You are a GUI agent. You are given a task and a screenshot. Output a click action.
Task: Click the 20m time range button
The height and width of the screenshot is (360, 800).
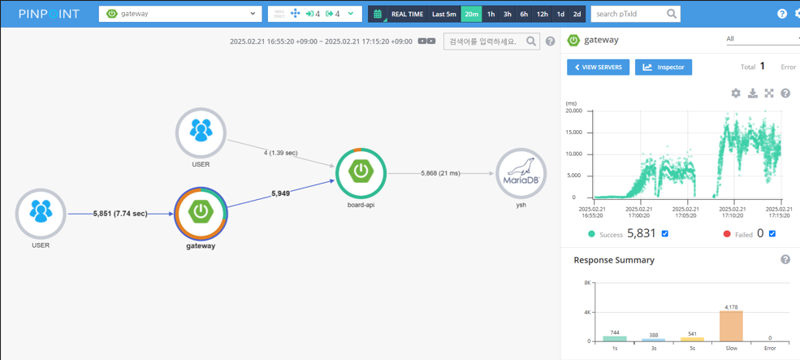coord(471,14)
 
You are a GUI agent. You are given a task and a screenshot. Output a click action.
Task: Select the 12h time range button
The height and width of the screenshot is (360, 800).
coord(542,14)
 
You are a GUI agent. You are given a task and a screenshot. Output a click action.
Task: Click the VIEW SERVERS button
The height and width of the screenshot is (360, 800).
coord(598,67)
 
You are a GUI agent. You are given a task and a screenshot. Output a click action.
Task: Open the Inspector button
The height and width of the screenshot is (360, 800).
coord(664,67)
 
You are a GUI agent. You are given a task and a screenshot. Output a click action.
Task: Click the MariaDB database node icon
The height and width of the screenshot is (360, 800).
coord(521,172)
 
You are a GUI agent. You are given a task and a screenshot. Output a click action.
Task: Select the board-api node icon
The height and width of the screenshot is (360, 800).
coord(361,172)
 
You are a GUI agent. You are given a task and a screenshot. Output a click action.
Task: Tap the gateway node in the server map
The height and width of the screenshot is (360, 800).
coord(201,212)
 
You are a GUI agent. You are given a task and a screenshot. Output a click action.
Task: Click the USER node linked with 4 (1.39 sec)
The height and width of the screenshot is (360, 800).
coord(201,132)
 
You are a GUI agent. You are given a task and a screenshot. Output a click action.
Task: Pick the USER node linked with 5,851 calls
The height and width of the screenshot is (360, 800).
coord(41,213)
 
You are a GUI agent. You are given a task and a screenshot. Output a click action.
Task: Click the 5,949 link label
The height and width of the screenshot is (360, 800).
coord(279,193)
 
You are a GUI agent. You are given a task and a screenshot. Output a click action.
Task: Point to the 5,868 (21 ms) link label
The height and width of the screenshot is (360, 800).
coord(439,173)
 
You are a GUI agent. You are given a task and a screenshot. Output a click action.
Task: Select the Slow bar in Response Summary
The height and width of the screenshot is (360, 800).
coord(731,325)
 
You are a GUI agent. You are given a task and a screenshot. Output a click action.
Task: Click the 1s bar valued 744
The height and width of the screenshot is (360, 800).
coord(615,338)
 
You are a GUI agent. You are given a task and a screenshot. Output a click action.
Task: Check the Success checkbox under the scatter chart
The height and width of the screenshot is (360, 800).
coord(665,234)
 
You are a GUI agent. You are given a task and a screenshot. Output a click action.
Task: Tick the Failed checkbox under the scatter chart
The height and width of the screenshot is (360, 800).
coord(772,234)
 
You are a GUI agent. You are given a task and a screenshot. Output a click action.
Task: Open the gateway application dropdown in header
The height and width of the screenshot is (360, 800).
coord(180,14)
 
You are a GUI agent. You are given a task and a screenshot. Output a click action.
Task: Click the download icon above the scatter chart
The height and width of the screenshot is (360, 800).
coord(753,93)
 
